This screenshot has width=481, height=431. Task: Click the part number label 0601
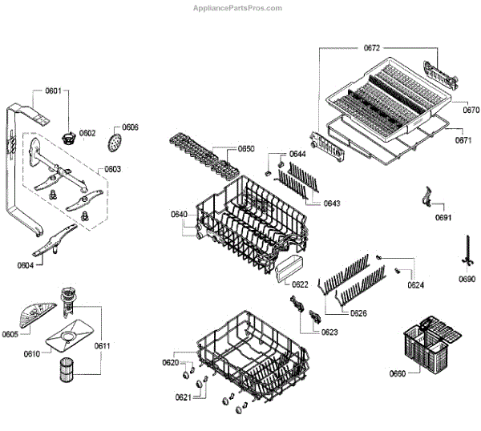(x=53, y=91)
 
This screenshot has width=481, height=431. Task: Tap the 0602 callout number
(x=87, y=133)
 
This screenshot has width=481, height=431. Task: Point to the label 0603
(x=112, y=169)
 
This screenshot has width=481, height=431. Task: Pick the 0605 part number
(x=10, y=333)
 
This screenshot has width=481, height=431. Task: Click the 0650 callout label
(x=246, y=149)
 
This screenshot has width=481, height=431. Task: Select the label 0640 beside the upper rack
(x=179, y=214)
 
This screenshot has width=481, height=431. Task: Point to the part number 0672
(x=372, y=49)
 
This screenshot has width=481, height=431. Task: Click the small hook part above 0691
(x=429, y=195)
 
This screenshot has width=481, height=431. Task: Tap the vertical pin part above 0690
(x=466, y=250)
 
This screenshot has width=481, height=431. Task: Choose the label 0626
(x=358, y=313)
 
